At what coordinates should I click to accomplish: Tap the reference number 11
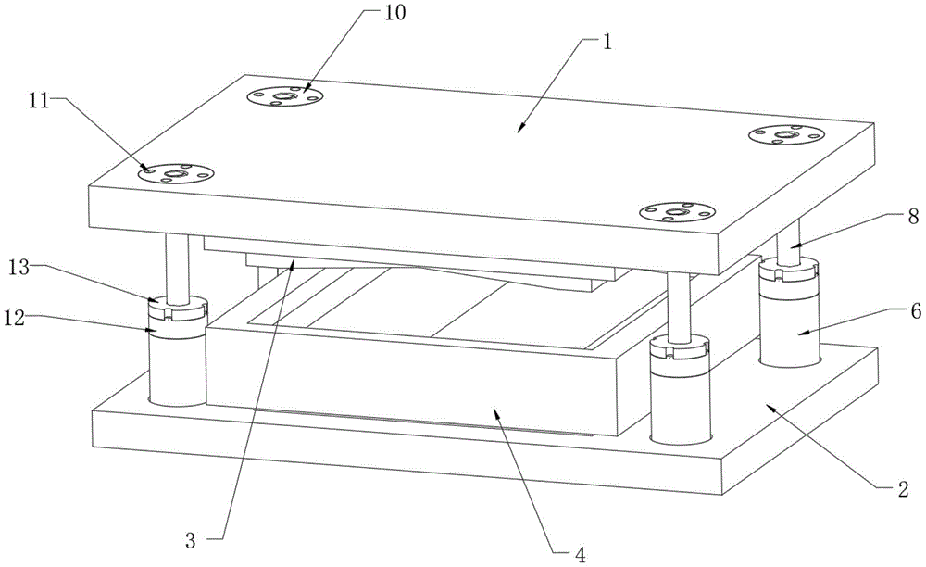click(x=39, y=99)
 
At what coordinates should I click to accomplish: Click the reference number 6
click(x=889, y=312)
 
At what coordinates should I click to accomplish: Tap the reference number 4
click(x=580, y=555)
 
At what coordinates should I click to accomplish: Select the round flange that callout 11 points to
click(x=175, y=172)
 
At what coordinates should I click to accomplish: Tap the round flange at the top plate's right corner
click(x=786, y=135)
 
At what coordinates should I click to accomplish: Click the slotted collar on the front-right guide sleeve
click(x=678, y=350)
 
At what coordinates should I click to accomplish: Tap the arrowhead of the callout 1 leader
click(x=519, y=129)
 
